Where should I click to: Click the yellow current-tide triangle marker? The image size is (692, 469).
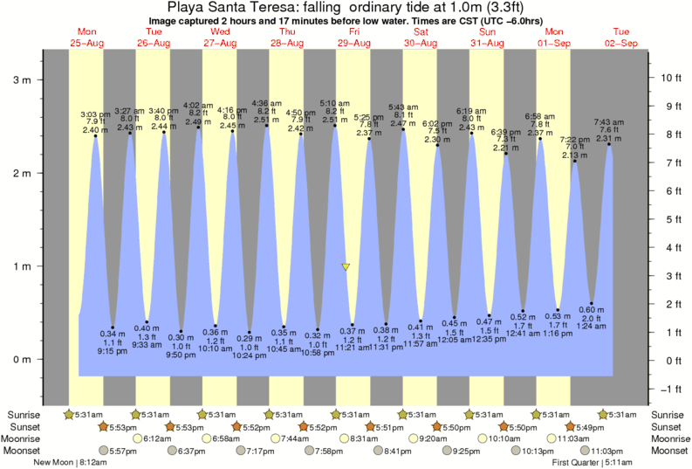pos(346,267)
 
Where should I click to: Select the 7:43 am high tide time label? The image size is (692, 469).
pos(608,121)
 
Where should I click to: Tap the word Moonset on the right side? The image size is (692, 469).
pos(668,451)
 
